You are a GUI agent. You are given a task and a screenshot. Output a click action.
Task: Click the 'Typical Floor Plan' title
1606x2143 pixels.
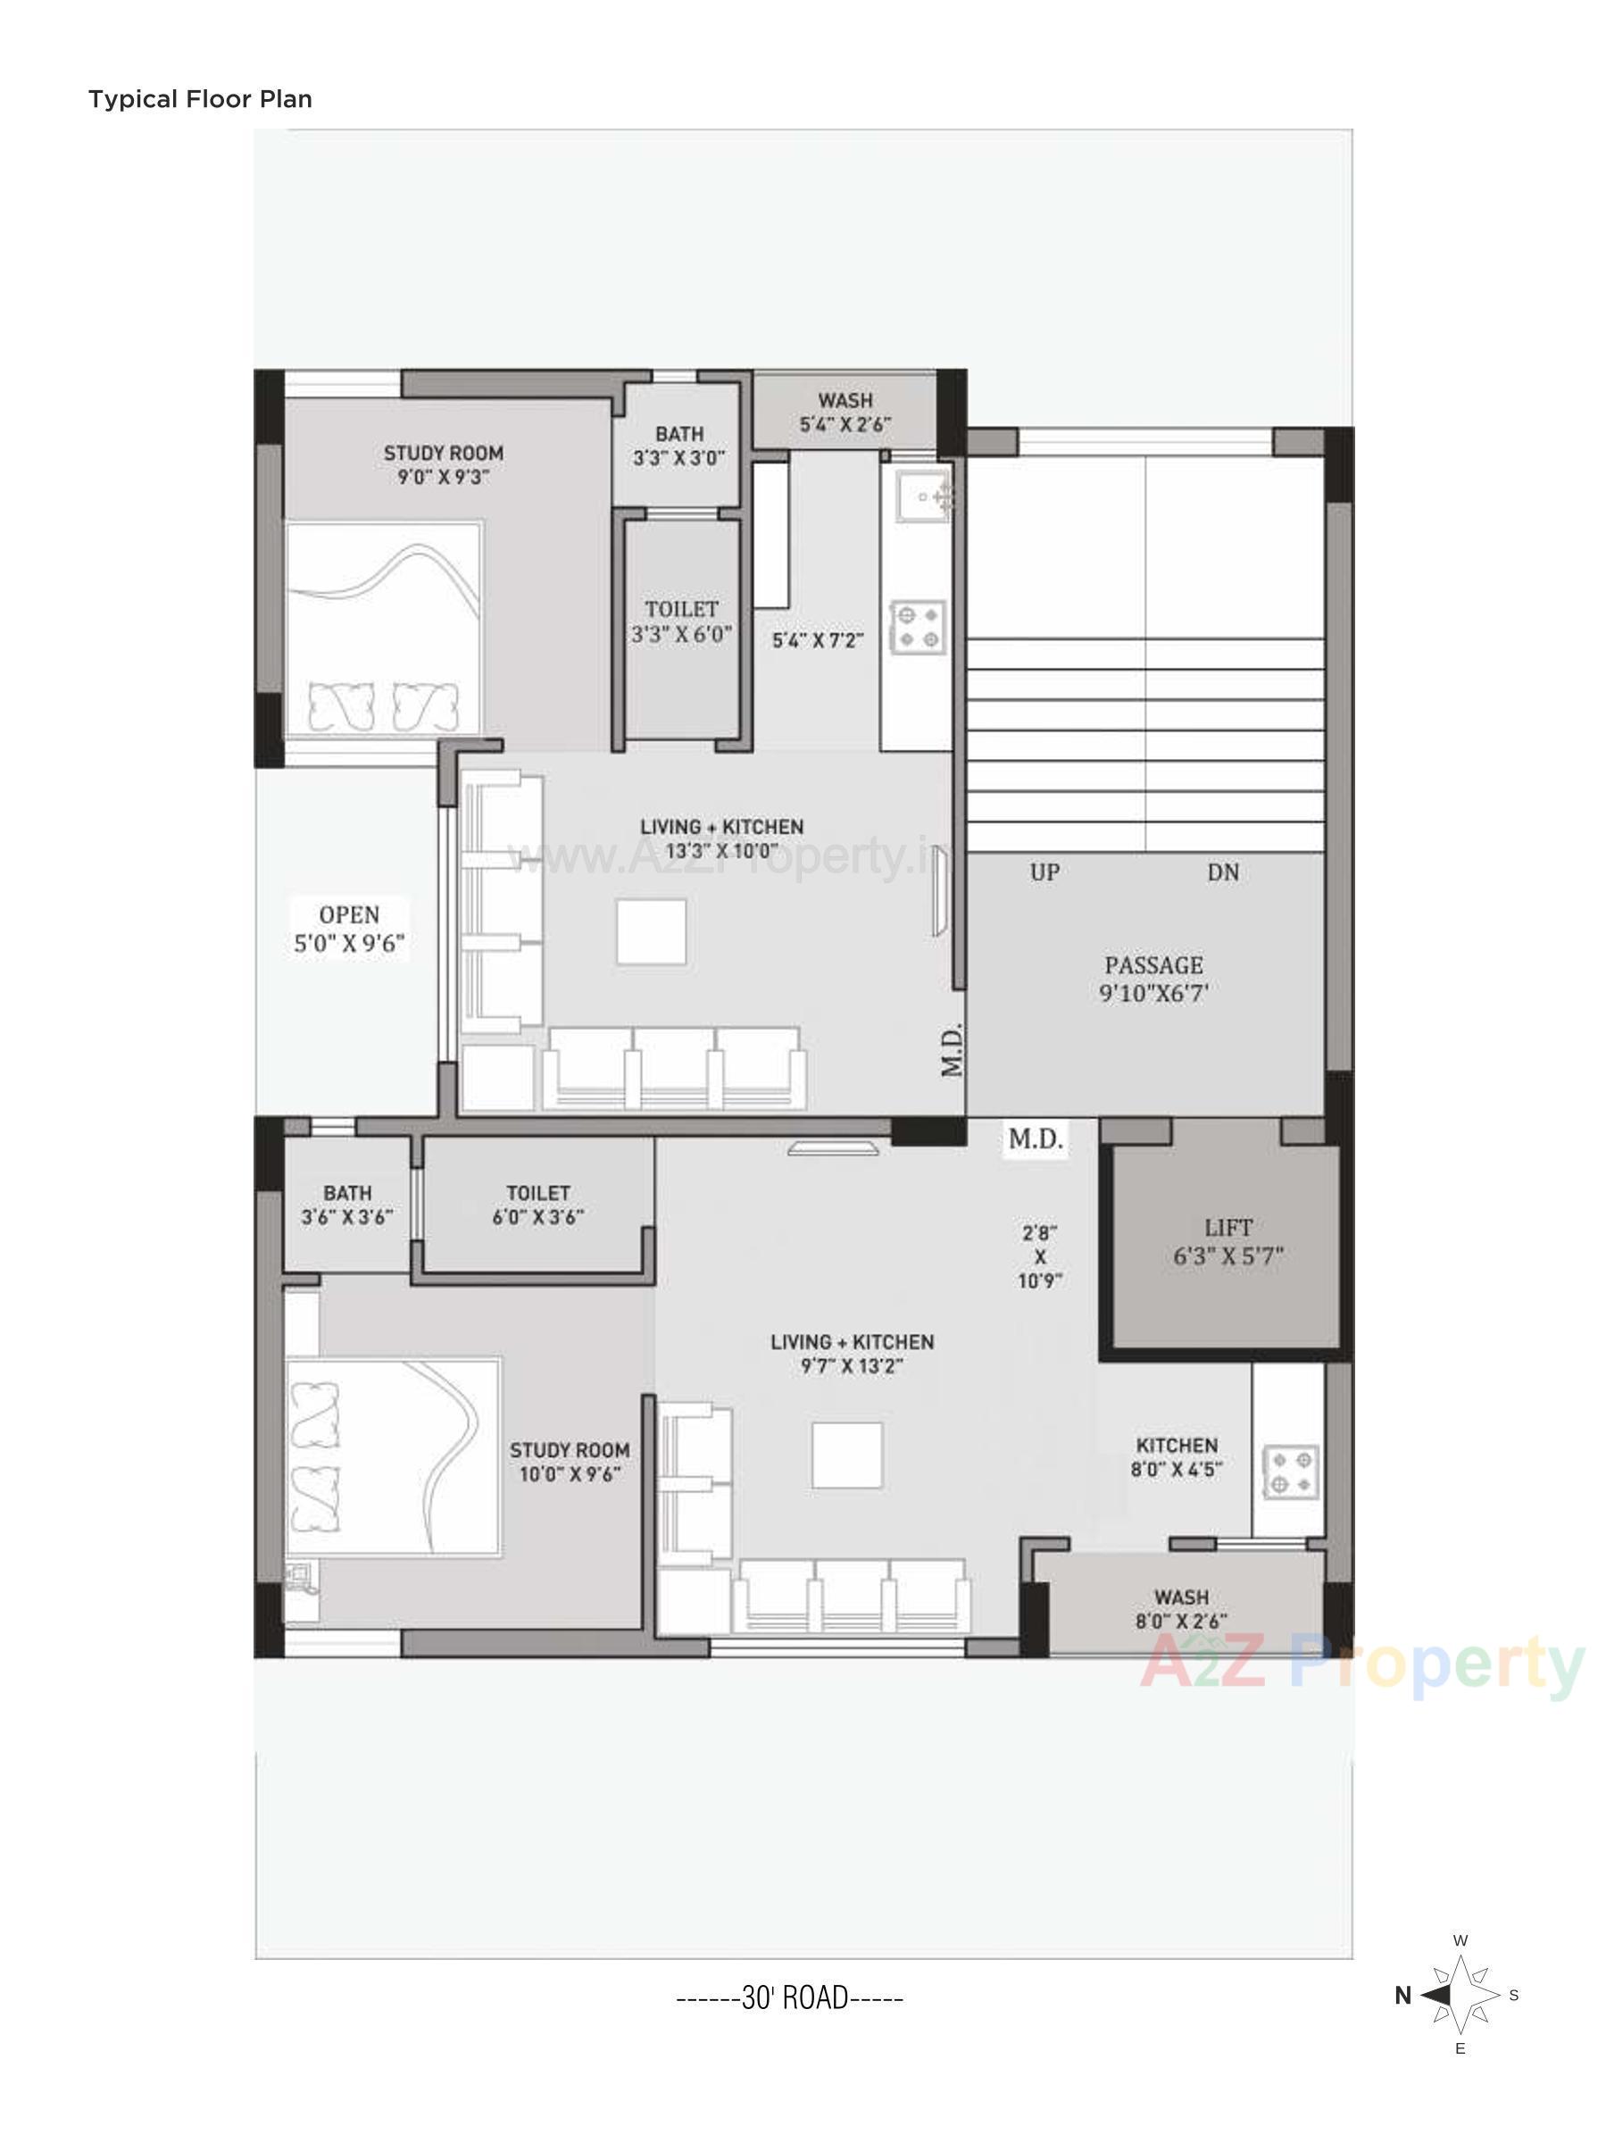pos(200,99)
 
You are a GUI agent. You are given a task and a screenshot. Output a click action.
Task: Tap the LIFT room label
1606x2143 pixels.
pos(1227,1242)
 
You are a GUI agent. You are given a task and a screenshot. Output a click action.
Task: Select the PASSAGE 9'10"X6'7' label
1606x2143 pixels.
pos(1153,979)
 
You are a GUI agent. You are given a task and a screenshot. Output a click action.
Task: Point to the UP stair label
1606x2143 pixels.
pos(1044,871)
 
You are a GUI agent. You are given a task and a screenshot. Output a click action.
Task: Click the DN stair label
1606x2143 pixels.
pos(1223,871)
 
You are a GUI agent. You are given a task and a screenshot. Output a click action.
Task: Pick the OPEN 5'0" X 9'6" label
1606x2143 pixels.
pos(350,928)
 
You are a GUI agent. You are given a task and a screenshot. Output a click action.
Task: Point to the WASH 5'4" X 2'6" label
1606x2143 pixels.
pos(845,412)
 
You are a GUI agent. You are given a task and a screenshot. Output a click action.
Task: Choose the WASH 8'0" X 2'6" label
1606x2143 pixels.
pos(1181,1608)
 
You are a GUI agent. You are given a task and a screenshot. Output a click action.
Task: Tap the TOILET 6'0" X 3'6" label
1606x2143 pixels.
pos(537,1205)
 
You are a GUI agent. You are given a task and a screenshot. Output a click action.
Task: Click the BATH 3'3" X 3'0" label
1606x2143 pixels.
pos(679,446)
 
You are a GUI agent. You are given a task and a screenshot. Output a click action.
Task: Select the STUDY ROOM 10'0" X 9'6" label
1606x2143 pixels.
pos(570,1461)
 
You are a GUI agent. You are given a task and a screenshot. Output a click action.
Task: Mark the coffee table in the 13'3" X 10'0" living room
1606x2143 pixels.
pos(652,931)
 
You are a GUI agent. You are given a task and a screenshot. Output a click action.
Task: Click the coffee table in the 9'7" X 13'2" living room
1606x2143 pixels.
pos(846,1455)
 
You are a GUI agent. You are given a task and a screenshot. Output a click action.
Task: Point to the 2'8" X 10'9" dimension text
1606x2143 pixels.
pos(1040,1256)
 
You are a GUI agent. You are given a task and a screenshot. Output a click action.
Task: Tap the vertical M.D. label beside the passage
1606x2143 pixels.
pos(952,1049)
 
